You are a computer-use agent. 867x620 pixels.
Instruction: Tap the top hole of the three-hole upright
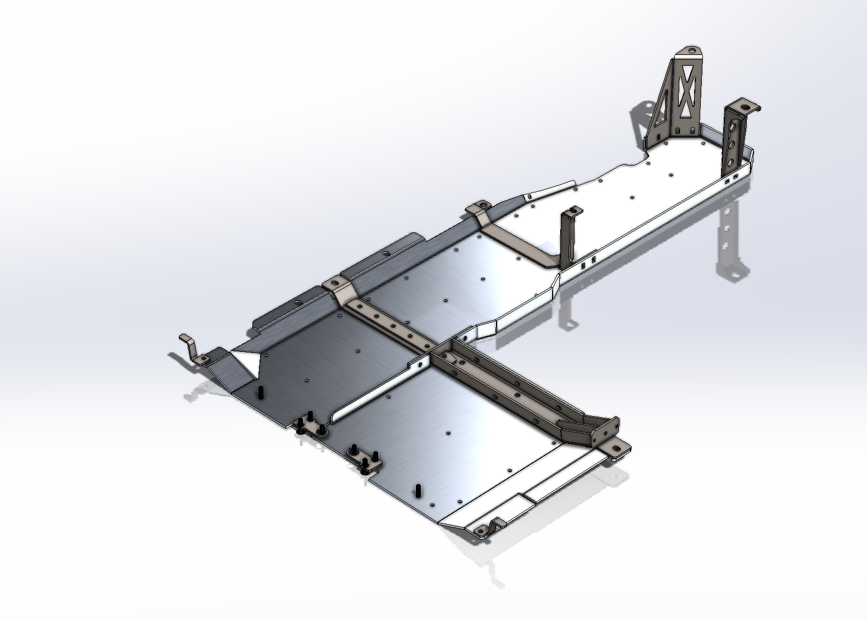(733, 118)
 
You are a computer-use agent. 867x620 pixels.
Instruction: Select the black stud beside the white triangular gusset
(260, 393)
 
